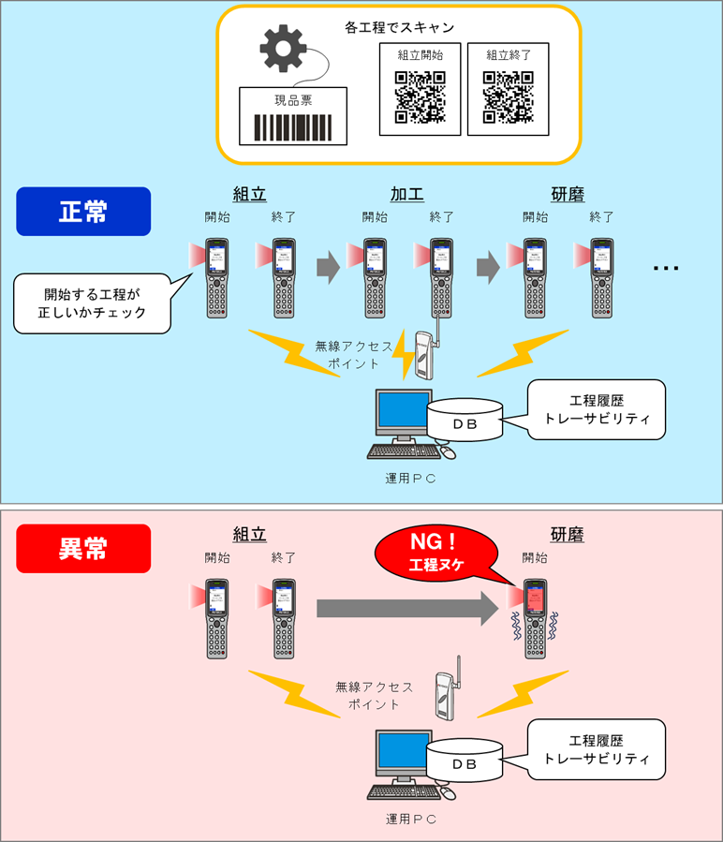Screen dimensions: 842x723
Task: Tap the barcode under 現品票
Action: (x=293, y=126)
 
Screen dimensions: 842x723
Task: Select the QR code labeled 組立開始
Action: (x=420, y=96)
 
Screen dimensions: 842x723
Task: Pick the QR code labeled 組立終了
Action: (x=508, y=96)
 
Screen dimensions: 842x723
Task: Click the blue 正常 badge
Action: (x=83, y=211)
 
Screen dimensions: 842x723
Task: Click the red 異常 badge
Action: (x=83, y=548)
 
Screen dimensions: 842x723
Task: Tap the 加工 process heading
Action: (x=406, y=195)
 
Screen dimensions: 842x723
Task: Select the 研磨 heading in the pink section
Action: (x=568, y=535)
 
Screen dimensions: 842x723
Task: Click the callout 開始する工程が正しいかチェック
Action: (x=94, y=302)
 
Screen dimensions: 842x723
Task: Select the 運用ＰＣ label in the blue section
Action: (x=411, y=478)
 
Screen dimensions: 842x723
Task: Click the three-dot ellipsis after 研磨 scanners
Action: (x=666, y=269)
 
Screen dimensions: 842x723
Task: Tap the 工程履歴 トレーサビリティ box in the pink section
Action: (x=596, y=749)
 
